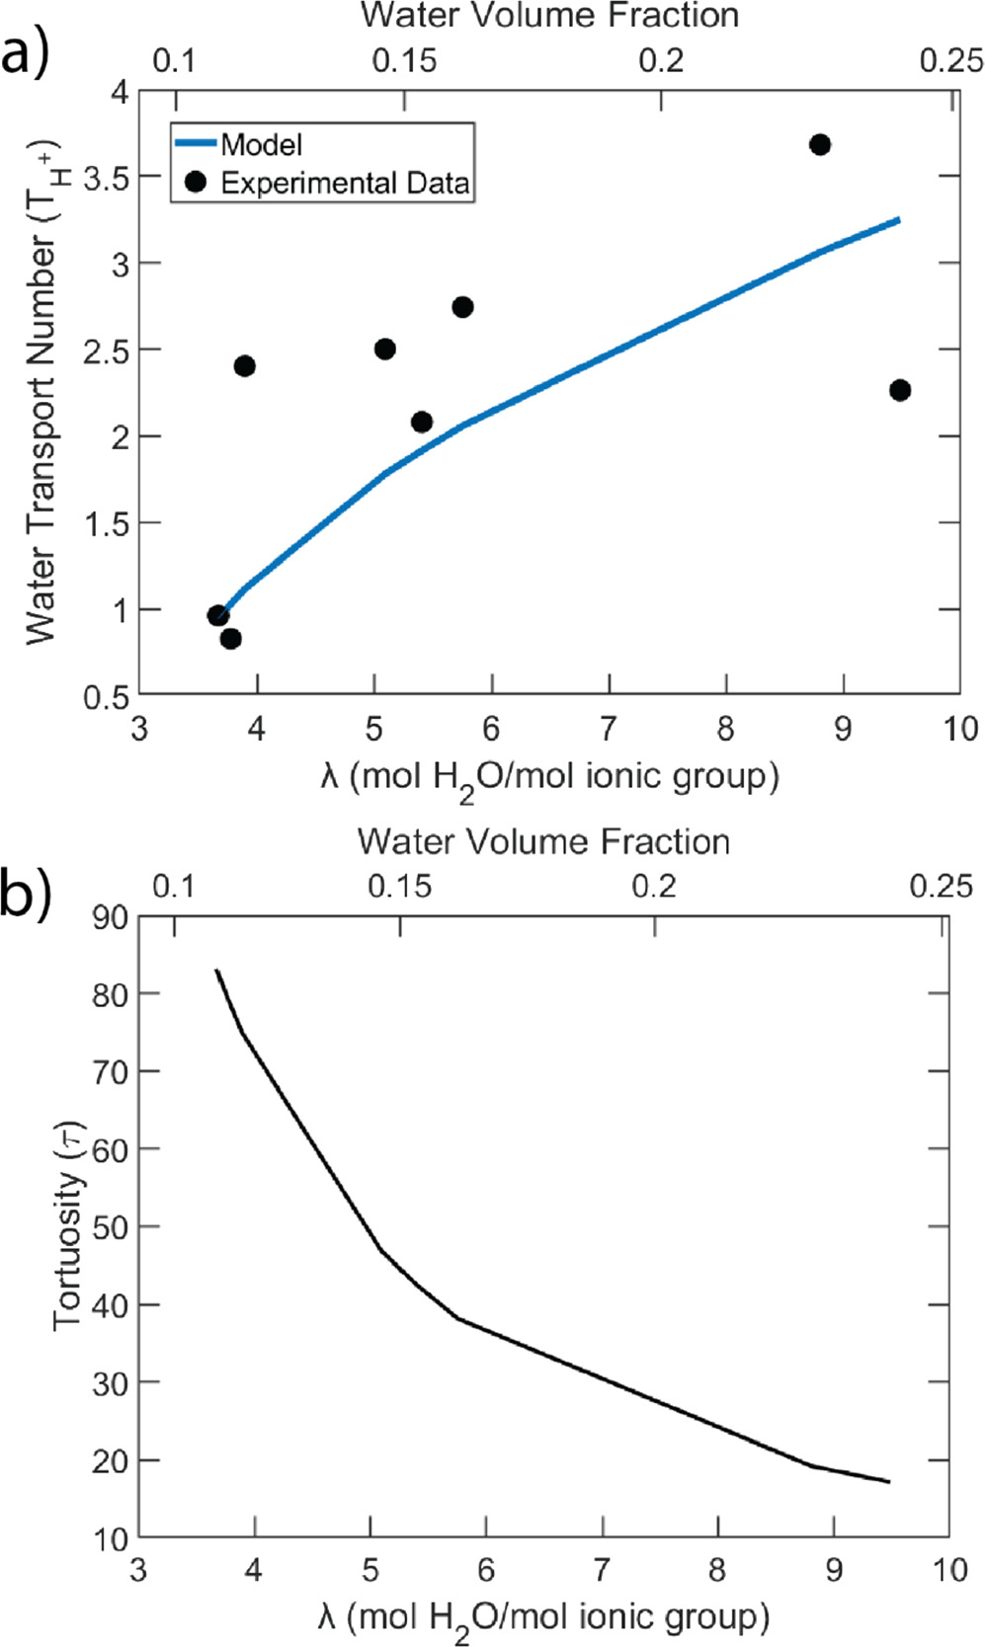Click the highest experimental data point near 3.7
pyautogui.click(x=819, y=145)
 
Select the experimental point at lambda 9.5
pyautogui.click(x=899, y=390)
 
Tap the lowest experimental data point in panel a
pyautogui.click(x=230, y=639)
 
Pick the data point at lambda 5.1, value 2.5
pyautogui.click(x=385, y=349)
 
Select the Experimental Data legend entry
pyautogui.click(x=344, y=183)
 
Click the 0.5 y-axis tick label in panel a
pyautogui.click(x=107, y=697)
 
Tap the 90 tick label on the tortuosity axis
pyautogui.click(x=110, y=917)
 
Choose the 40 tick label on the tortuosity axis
pyautogui.click(x=110, y=1305)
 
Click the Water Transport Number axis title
pyautogui.click(x=41, y=395)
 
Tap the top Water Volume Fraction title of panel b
pyautogui.click(x=543, y=841)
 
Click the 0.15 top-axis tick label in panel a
pyautogui.click(x=404, y=60)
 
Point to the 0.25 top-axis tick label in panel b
pyautogui.click(x=941, y=886)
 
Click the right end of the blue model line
pyautogui.click(x=899, y=219)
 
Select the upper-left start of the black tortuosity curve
pyautogui.click(x=216, y=971)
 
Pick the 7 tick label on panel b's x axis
pyautogui.click(x=601, y=1569)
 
